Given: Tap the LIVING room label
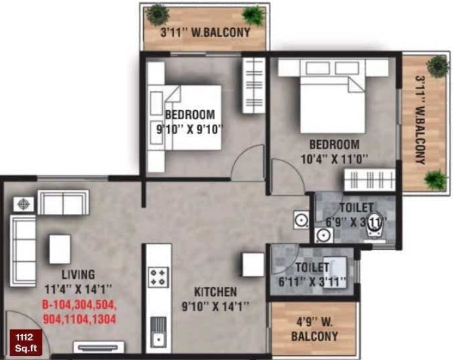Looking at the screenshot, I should point(78,275).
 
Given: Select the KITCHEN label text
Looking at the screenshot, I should point(215,292).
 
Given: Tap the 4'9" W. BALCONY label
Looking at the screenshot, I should point(314,329).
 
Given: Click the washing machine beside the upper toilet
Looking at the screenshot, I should point(301,219).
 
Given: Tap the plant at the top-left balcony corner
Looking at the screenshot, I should point(157,13).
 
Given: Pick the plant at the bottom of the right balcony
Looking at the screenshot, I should point(435,179).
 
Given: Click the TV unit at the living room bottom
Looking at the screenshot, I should point(99,347).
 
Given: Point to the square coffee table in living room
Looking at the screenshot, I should point(60,246).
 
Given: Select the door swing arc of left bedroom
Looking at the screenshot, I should point(248,161).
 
